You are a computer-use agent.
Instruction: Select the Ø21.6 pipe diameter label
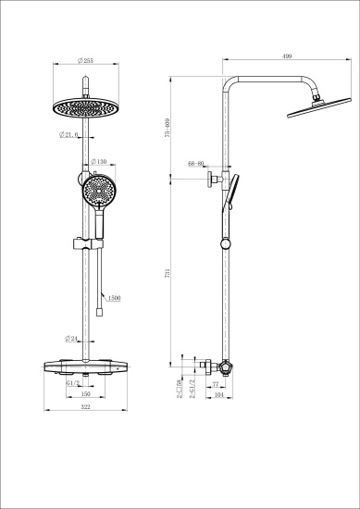(x=69, y=135)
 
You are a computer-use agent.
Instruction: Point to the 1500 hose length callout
(x=115, y=298)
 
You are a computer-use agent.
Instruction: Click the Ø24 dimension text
(x=71, y=339)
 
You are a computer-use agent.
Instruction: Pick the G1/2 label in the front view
(x=72, y=380)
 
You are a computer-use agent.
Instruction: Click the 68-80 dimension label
(x=194, y=164)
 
